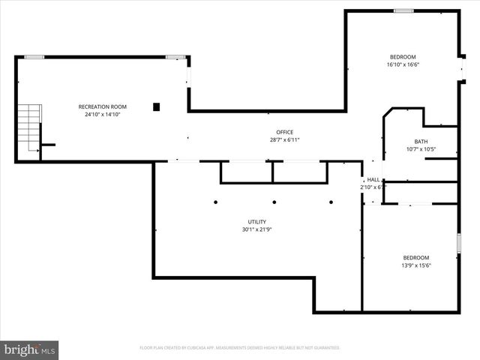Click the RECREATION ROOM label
coord(103,106)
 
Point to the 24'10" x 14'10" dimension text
coord(103,115)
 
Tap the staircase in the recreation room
coord(28,127)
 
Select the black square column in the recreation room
coord(157,106)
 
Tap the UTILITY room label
coord(257,221)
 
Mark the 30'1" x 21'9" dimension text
coord(257,229)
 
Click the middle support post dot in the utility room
coord(274,202)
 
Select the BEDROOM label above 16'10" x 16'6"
coord(403,57)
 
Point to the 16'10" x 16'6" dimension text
coord(403,64)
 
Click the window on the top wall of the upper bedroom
coord(403,10)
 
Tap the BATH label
coord(421,142)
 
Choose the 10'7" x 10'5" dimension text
coord(421,149)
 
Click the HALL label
coord(373,180)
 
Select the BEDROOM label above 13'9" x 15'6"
coord(416,257)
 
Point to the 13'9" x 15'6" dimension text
coord(416,265)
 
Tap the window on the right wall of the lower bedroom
coord(458,244)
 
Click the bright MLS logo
coord(30,349)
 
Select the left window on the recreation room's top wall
coord(34,56)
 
